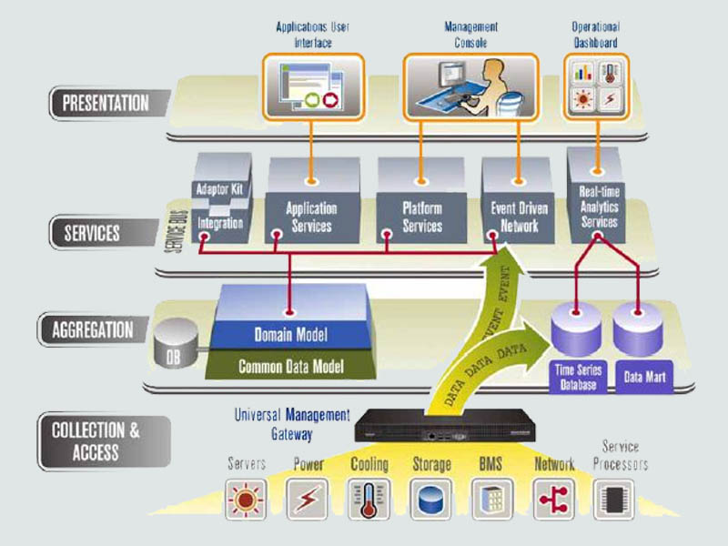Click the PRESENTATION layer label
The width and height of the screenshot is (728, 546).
click(x=105, y=102)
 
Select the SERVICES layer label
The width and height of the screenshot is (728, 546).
click(x=91, y=233)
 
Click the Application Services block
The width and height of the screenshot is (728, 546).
click(x=311, y=217)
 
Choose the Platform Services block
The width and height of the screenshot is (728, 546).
click(x=421, y=217)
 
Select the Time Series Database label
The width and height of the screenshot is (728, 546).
click(x=576, y=379)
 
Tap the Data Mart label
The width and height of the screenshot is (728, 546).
click(x=642, y=375)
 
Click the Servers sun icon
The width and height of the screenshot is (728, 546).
click(x=246, y=499)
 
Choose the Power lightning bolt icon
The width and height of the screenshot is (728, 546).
click(x=307, y=499)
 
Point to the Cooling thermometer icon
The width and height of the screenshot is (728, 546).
click(x=369, y=499)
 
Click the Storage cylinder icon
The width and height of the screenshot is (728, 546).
click(x=430, y=499)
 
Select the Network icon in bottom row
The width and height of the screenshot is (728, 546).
click(x=554, y=499)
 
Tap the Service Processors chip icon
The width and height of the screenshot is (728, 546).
click(x=614, y=499)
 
